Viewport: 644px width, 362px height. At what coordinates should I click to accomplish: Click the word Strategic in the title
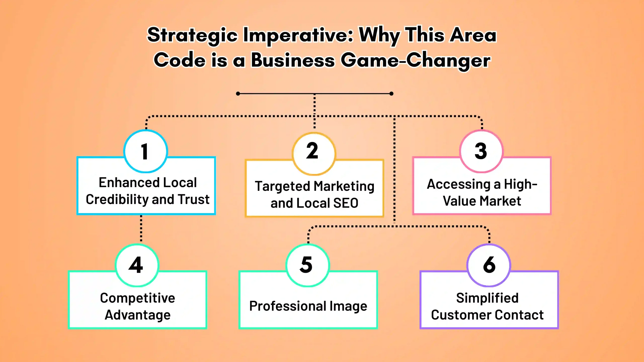(x=192, y=35)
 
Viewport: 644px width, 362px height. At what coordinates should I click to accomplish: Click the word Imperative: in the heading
(x=298, y=35)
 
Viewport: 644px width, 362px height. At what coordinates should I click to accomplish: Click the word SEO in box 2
(x=346, y=203)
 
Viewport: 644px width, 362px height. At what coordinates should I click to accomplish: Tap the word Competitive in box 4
(x=138, y=298)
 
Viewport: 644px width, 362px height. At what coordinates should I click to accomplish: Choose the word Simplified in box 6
(x=487, y=298)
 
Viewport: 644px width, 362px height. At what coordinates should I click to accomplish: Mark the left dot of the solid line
(x=238, y=94)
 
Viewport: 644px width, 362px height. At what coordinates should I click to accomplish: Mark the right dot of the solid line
(x=391, y=94)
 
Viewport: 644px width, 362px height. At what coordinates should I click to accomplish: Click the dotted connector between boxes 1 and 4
(x=141, y=229)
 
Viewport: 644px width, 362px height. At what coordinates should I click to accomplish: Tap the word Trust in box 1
(x=194, y=199)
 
